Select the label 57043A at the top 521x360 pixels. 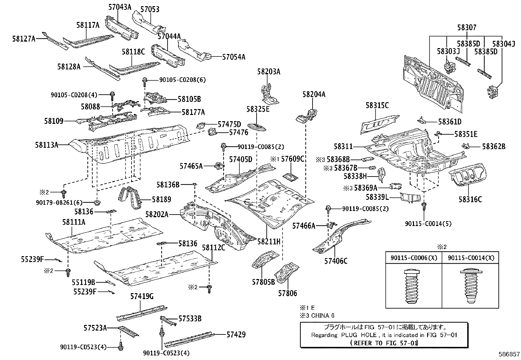[120, 7]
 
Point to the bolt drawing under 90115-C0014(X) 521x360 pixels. [470, 287]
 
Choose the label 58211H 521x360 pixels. [269, 242]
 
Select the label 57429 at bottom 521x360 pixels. [235, 334]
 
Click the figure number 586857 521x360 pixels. [509, 354]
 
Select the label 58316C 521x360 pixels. [470, 199]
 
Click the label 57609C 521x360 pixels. [293, 159]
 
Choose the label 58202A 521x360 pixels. [157, 215]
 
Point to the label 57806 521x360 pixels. [288, 293]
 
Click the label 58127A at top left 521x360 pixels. [24, 39]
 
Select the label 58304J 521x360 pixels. [504, 44]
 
